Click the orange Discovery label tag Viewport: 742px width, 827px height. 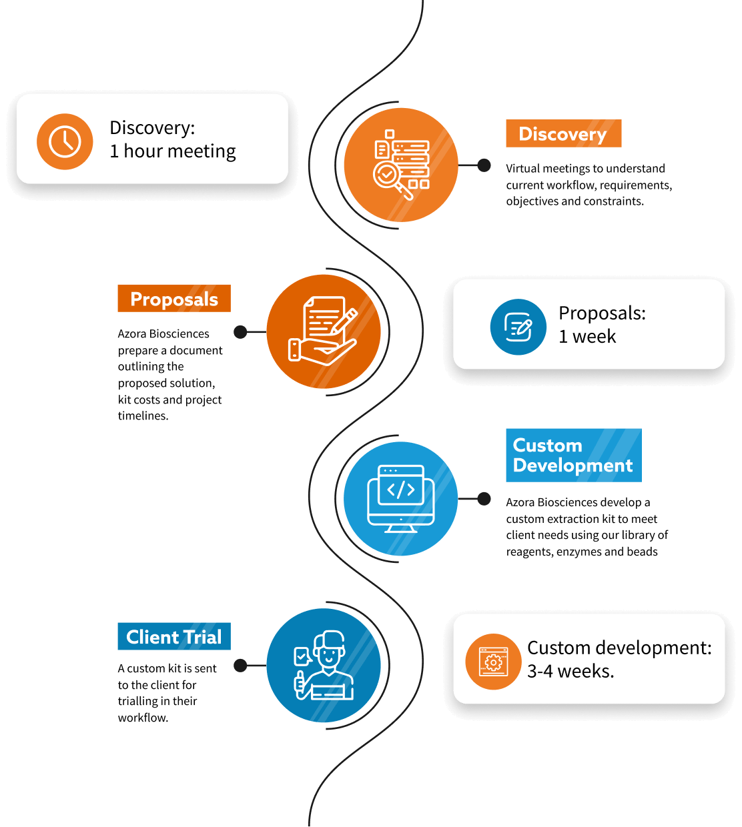(x=563, y=133)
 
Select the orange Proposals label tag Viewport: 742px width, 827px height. (x=174, y=298)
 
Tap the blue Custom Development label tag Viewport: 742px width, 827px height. (x=573, y=455)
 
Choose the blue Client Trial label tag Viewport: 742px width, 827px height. (x=174, y=636)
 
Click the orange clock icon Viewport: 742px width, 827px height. (x=65, y=141)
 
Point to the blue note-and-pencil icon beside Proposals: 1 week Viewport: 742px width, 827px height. (x=518, y=327)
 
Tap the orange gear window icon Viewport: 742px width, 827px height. (x=493, y=662)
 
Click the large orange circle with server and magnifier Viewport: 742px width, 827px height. (x=401, y=165)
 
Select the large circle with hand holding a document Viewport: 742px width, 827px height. (x=324, y=331)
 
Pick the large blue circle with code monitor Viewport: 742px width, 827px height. (x=401, y=498)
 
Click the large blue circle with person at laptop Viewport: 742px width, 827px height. (x=324, y=665)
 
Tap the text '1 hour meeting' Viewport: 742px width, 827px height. (x=173, y=151)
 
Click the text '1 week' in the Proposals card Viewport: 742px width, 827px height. (x=587, y=337)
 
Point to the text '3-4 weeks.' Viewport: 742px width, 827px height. (x=571, y=672)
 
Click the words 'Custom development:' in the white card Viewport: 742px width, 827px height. (x=619, y=648)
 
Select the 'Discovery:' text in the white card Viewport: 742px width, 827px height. (x=152, y=127)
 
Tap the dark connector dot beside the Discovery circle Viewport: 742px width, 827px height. (x=484, y=165)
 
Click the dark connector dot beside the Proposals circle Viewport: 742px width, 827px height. (x=240, y=332)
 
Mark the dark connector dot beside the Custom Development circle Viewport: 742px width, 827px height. (x=484, y=499)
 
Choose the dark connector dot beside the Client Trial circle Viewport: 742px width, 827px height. (x=240, y=666)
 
